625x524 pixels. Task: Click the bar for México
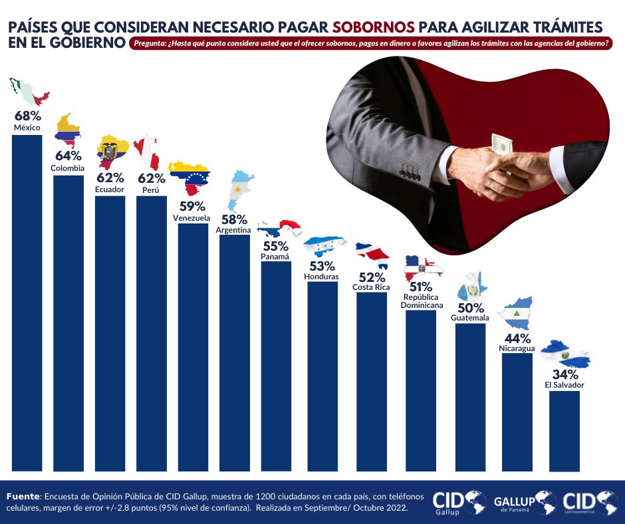[x=27, y=303]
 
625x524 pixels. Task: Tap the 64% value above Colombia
[x=68, y=156]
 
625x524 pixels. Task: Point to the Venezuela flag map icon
[x=189, y=176]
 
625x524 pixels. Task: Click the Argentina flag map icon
[x=240, y=190]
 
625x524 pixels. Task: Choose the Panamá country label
[x=276, y=256]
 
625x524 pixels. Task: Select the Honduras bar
[x=322, y=376]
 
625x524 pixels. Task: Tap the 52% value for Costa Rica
[x=371, y=277]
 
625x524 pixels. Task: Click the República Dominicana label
[x=422, y=301]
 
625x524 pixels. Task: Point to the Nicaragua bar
[x=517, y=412]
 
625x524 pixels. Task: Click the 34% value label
[x=564, y=374]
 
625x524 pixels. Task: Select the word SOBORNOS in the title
[x=374, y=27]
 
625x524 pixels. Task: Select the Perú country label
[x=150, y=190]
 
